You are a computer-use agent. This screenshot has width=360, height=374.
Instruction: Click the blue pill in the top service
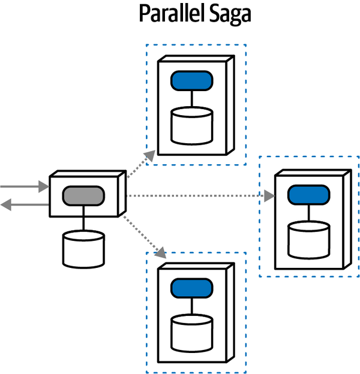192,80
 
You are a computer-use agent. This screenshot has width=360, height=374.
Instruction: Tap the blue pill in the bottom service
192,289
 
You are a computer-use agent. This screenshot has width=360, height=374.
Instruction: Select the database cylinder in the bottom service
192,333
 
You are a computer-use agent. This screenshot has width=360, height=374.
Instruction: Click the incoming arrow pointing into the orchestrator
24,187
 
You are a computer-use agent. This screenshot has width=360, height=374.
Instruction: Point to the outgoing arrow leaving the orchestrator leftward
24,205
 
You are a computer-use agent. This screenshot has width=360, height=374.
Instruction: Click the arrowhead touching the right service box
269,195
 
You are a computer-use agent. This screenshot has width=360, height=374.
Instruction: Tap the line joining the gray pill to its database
83,219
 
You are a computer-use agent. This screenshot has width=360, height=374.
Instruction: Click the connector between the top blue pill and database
192,98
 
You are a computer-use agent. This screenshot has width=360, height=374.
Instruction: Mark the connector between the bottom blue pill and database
192,307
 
